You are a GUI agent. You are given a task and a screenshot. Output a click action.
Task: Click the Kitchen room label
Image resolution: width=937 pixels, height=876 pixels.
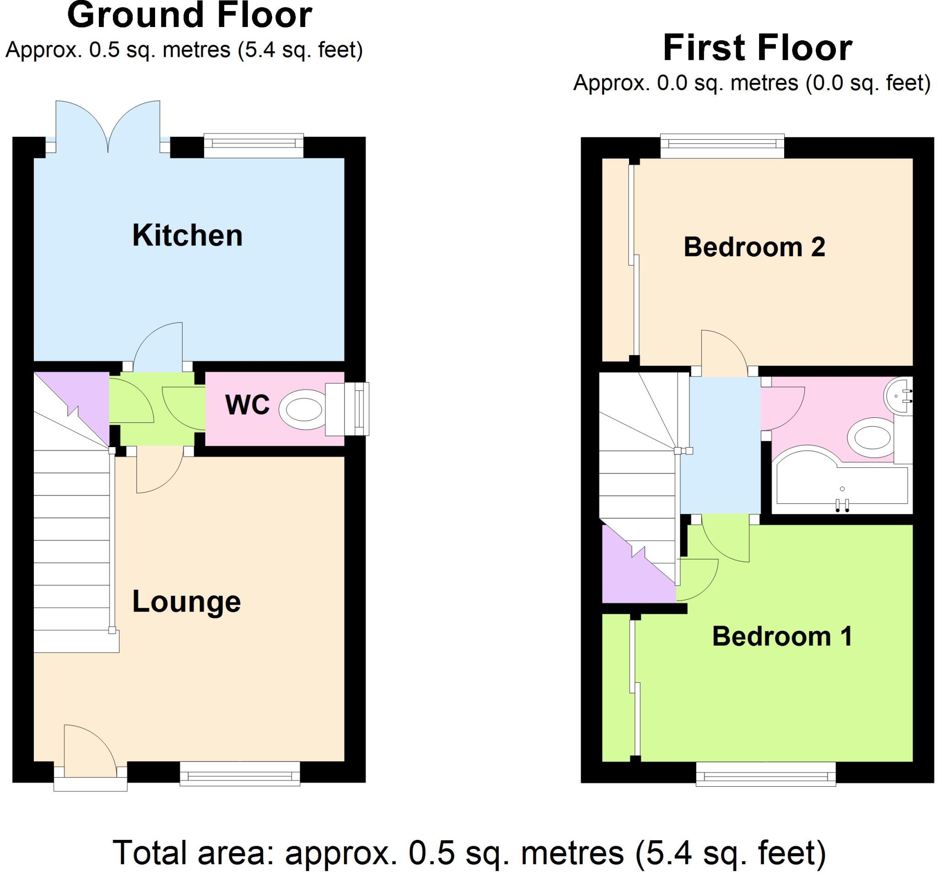click(187, 235)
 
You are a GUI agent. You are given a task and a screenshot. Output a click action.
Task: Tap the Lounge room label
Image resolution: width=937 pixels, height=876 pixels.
click(186, 602)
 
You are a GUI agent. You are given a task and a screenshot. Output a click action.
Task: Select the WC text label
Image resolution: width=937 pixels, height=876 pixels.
click(248, 405)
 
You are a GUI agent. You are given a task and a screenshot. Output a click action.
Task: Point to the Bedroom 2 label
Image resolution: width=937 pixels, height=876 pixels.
click(754, 247)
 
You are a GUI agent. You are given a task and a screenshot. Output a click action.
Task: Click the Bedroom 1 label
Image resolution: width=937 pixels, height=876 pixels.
click(782, 637)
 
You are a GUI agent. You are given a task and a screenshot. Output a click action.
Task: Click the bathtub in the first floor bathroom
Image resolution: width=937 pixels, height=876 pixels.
click(841, 488)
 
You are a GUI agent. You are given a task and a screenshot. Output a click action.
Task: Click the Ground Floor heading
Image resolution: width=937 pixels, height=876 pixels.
click(189, 16)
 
